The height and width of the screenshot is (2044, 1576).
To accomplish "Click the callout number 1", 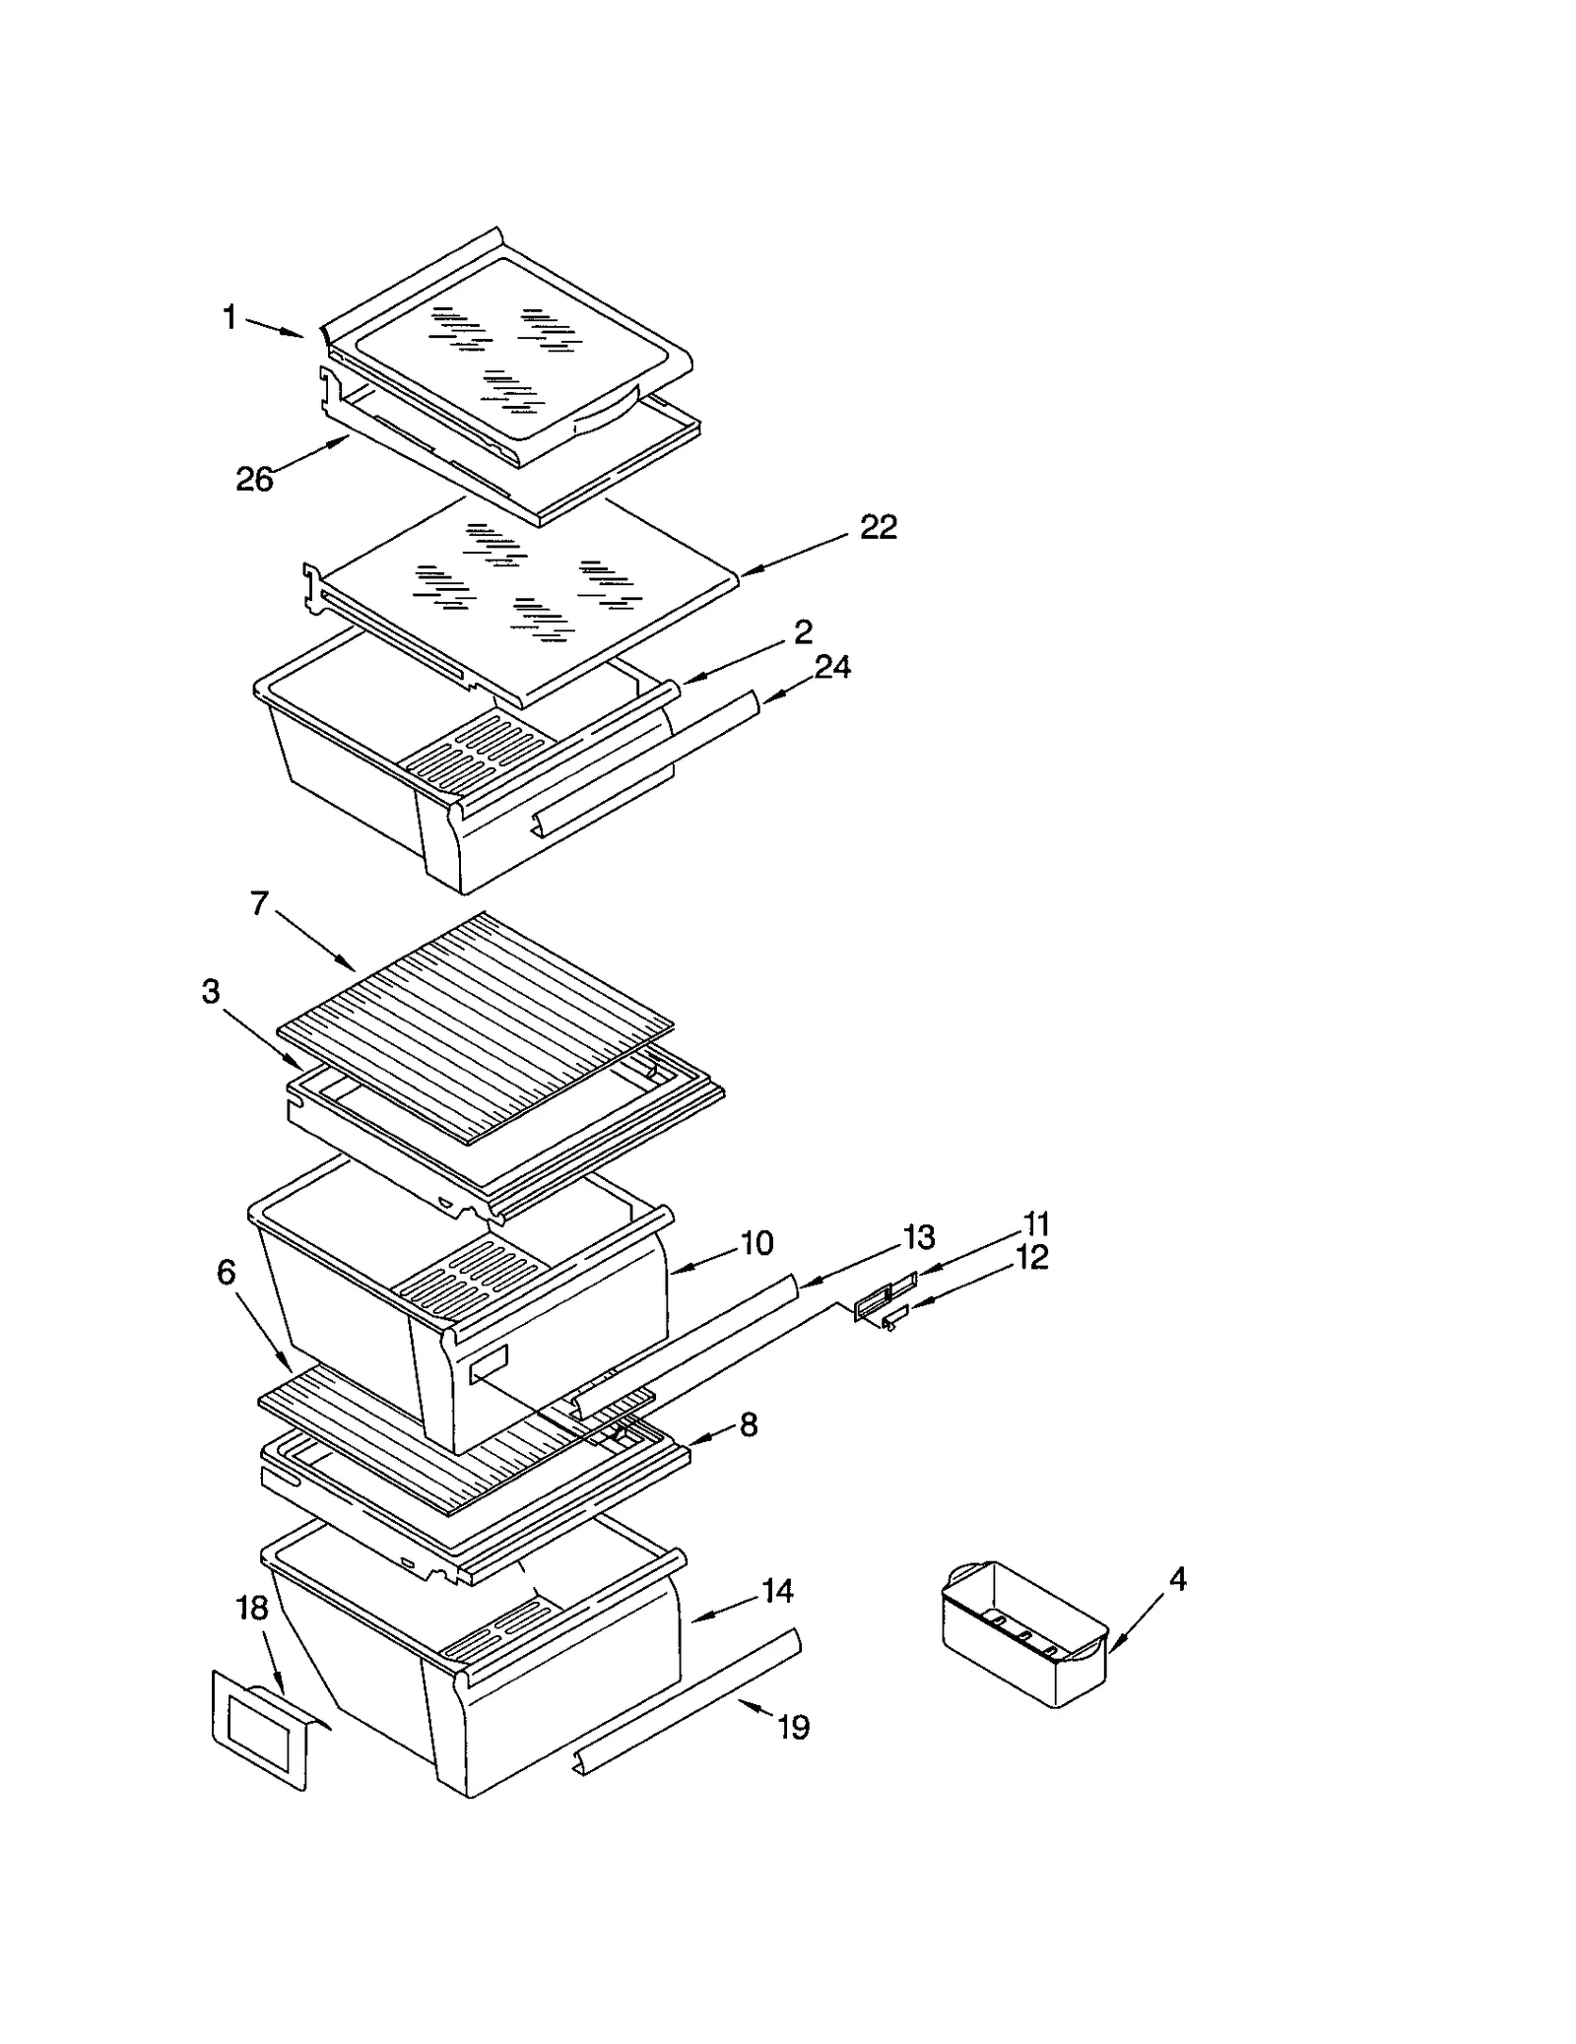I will click(230, 317).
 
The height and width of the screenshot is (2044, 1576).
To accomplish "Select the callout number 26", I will click(254, 480).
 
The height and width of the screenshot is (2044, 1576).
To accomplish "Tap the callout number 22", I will click(879, 528).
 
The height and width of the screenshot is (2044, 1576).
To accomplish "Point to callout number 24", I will click(832, 668).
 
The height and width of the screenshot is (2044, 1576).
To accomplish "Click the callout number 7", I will click(259, 903).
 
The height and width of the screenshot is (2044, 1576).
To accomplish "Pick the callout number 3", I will click(211, 992).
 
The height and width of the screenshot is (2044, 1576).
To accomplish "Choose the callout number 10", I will click(756, 1243).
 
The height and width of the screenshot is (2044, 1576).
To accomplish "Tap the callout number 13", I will click(919, 1236).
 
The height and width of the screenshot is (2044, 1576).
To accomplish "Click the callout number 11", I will click(1036, 1224).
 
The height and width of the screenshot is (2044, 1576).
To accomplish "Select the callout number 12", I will click(1032, 1258).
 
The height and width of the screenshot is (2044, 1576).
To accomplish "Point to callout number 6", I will click(227, 1273).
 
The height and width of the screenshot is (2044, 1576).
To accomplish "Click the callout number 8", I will click(749, 1424).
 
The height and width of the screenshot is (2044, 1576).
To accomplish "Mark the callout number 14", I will click(777, 1591).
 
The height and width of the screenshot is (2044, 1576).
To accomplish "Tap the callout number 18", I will click(252, 1609).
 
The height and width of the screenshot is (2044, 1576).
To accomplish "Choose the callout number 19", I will click(793, 1727).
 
